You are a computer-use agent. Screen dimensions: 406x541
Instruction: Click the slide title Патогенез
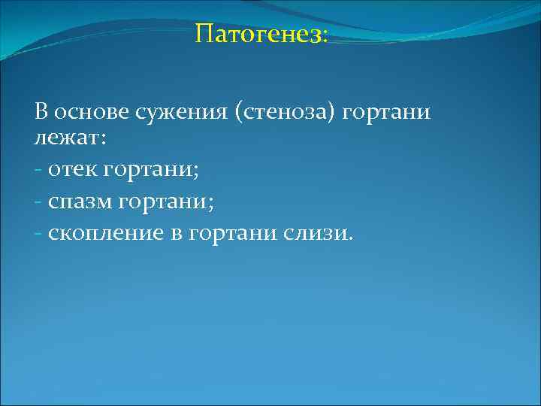(261, 34)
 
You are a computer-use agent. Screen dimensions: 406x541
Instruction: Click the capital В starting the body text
(41, 113)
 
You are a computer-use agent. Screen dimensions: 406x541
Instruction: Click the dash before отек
(38, 171)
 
